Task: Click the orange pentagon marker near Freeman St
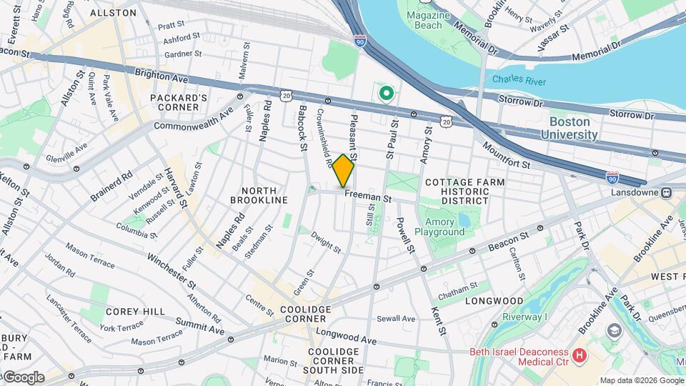coord(344,170)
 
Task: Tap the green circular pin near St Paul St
coord(387,93)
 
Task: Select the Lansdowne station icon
coord(666,192)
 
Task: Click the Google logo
coord(23,377)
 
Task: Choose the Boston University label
coord(570,128)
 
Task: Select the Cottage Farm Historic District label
coord(464,192)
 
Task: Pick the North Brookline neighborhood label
coord(264,195)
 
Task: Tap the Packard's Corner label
coord(174,102)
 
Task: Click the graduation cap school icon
coord(613,331)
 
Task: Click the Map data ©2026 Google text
coord(642,380)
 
